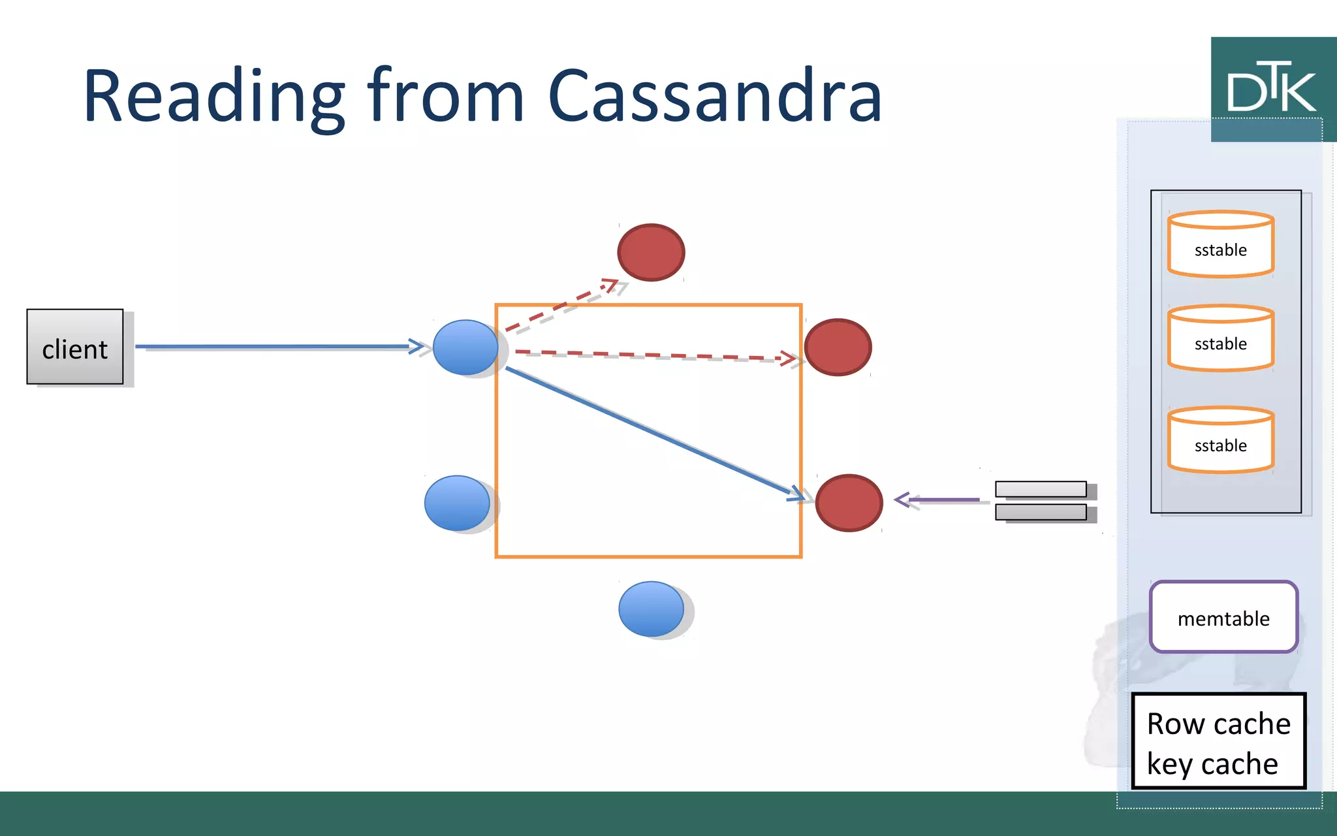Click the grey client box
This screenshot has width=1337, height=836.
75,347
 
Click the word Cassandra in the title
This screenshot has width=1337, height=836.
715,97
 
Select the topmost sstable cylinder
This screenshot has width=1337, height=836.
1220,244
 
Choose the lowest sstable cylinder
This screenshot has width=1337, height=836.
1220,440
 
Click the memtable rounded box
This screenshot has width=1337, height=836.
1223,617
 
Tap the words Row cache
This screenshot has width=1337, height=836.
1218,724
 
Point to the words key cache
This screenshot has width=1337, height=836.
1212,764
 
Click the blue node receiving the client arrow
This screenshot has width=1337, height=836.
465,347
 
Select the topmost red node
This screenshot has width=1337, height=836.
651,252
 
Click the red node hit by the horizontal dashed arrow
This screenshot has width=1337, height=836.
838,347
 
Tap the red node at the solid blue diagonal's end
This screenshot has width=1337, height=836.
849,502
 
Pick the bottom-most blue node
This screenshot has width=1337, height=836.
651,609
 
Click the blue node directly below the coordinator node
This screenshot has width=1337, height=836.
457,503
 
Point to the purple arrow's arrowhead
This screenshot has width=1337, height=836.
902,500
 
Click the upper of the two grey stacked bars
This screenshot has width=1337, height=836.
1041,489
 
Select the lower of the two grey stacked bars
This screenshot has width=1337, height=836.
1041,512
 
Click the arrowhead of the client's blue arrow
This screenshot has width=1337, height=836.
418,346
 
